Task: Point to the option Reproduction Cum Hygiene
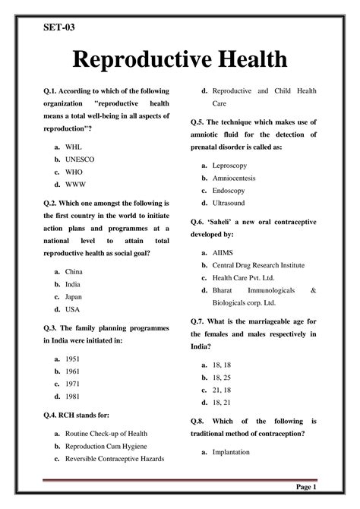click(x=106, y=446)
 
